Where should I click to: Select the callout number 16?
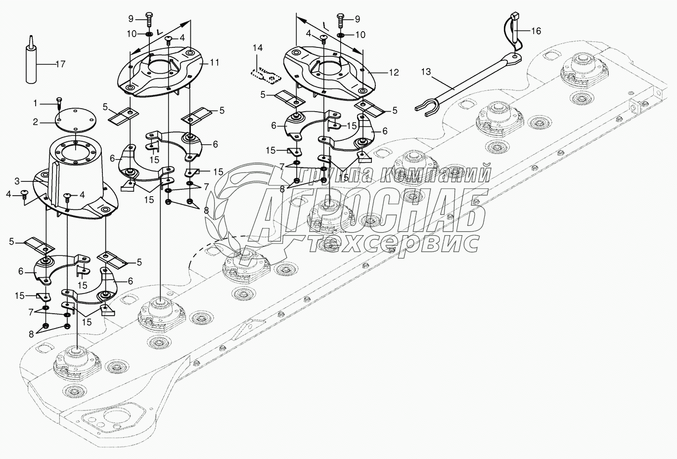(536, 31)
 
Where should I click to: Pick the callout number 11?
(215, 63)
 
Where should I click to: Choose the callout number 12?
(393, 73)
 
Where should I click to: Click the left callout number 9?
(131, 19)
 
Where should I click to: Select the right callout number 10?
(361, 35)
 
